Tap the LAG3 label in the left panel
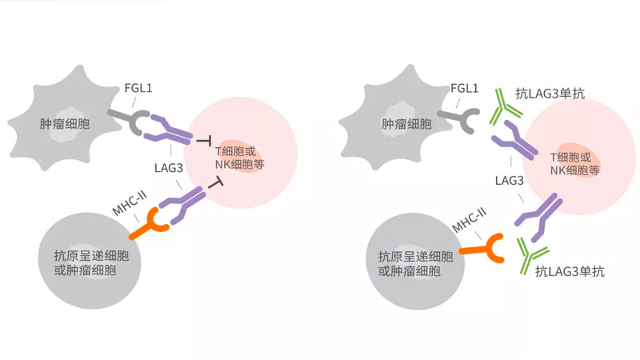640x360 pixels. [170, 168]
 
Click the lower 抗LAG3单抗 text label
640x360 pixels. [570, 272]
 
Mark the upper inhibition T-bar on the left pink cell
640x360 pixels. [203, 139]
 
